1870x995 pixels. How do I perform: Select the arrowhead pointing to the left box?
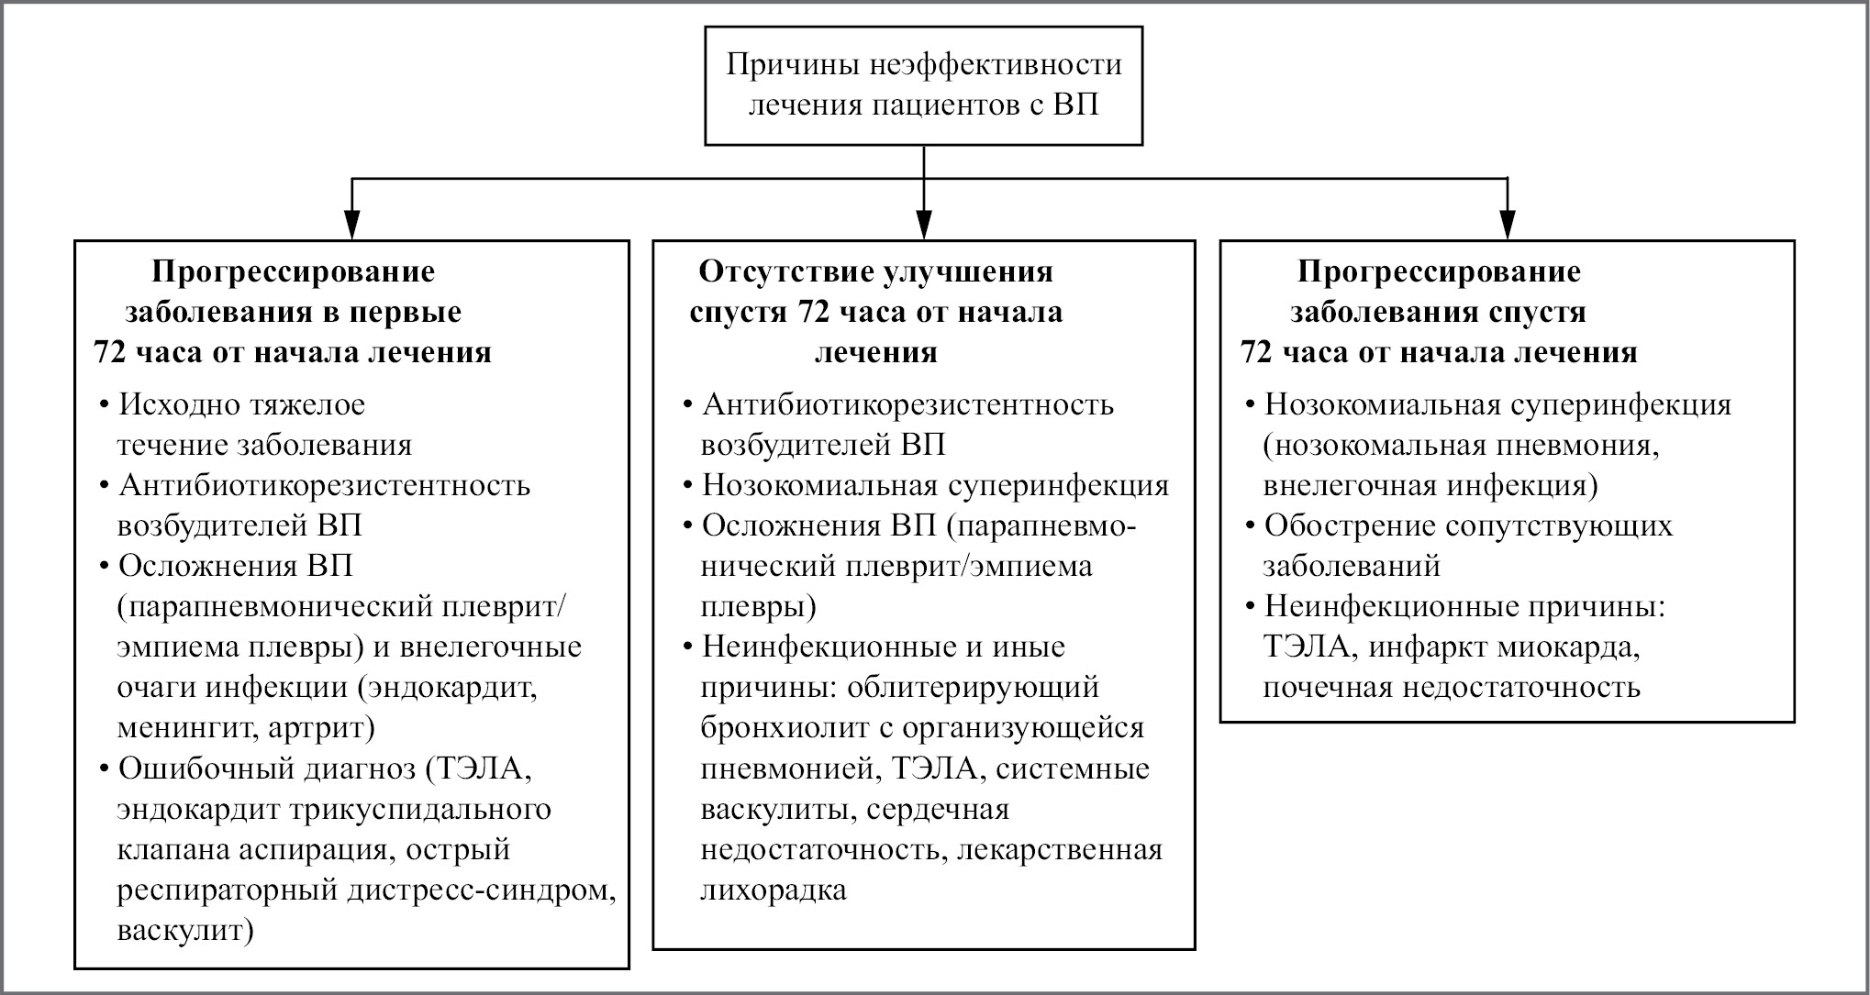pos(351,226)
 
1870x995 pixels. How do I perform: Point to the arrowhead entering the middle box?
pos(924,226)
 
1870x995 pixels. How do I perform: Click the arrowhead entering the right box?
pos(1508,226)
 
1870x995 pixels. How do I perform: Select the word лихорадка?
pos(774,890)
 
